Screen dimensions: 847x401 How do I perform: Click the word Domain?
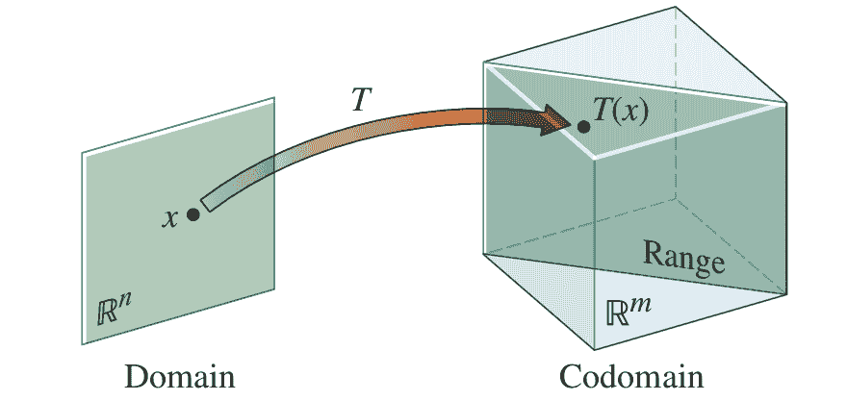coord(180,377)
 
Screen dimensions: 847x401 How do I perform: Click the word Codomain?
coord(631,377)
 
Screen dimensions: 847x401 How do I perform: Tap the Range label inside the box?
coord(683,257)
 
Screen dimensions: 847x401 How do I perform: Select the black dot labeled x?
coord(192,214)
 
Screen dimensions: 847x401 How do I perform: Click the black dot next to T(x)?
coord(583,127)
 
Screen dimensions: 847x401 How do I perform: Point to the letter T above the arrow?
coord(361,100)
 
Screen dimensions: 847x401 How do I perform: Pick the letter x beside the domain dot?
coord(171,217)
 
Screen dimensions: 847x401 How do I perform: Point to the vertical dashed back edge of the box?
coord(676,103)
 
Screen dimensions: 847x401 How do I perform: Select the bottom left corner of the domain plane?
coord(83,344)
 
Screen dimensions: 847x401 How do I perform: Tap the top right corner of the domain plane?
coord(274,98)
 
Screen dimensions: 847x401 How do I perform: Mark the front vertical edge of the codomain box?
coord(594,253)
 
